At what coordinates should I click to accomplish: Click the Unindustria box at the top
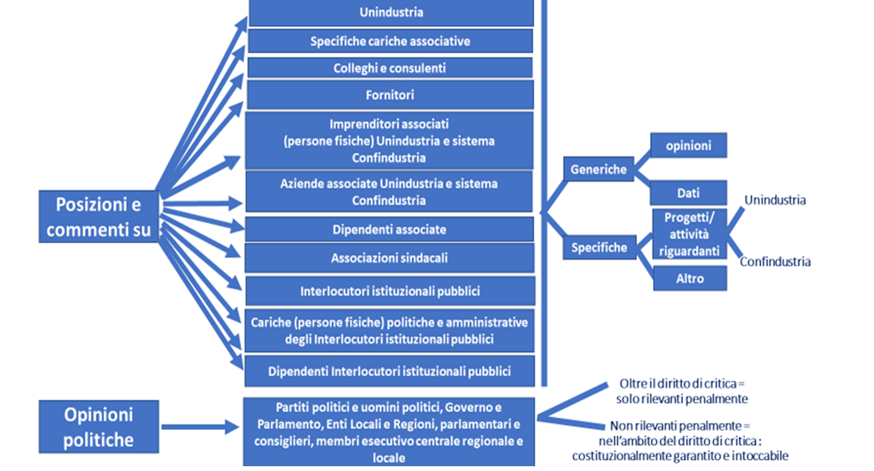pos(391,12)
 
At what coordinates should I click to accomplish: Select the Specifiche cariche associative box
pos(390,41)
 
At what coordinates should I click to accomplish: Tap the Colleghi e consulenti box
pos(390,68)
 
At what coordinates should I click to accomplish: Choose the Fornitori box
pos(390,95)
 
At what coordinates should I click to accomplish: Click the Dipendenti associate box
pos(389,230)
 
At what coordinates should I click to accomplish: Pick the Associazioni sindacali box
pos(389,258)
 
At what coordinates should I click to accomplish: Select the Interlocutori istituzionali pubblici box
pos(390,291)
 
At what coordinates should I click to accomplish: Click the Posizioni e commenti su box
pos(99,217)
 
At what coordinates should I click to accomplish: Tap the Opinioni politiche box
pos(99,427)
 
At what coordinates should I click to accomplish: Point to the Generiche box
pos(599,170)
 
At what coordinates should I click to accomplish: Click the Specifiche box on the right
pos(599,248)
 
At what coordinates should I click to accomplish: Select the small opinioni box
pos(688,146)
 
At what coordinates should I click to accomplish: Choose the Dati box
pos(688,193)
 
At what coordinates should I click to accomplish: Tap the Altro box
pos(690,278)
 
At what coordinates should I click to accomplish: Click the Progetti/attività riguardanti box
pos(689,234)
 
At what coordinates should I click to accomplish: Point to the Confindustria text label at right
pos(775,262)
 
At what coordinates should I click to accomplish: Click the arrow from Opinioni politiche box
pos(200,427)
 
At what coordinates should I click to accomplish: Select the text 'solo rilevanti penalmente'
pos(682,399)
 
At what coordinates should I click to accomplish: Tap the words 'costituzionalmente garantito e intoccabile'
pos(680,456)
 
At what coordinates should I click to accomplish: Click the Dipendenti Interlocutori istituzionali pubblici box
pos(389,371)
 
